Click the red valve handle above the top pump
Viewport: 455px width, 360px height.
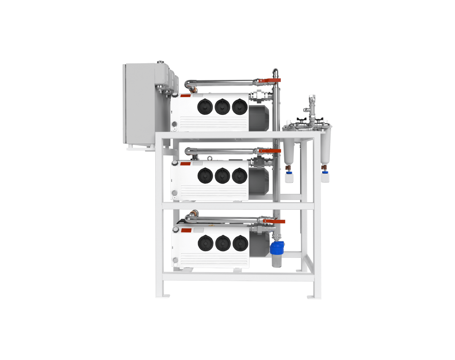[264, 80]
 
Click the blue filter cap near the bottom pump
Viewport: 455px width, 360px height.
[277, 246]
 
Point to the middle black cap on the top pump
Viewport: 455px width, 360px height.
[222, 107]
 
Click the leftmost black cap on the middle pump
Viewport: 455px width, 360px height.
[205, 176]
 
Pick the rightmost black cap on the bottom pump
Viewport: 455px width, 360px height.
[240, 244]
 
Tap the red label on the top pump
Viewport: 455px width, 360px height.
[186, 96]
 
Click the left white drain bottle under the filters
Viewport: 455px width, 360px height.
[289, 178]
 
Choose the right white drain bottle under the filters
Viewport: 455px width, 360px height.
[325, 177]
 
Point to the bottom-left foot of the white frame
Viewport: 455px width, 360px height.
[163, 296]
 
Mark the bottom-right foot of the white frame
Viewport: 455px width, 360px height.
[314, 297]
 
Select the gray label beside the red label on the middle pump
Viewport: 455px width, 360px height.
[198, 163]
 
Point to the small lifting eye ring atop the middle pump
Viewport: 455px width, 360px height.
[210, 158]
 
